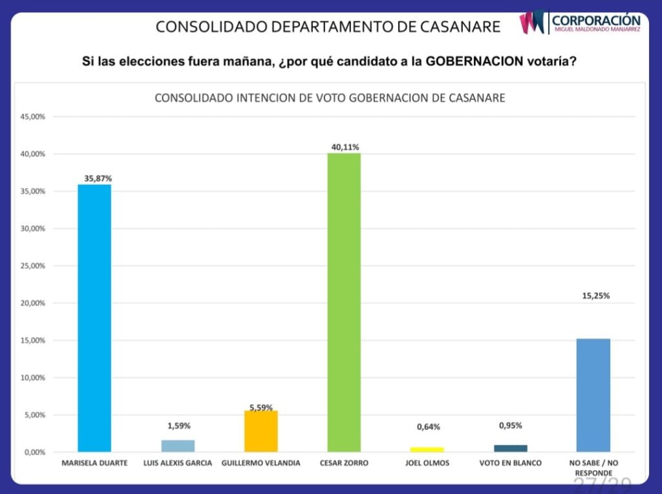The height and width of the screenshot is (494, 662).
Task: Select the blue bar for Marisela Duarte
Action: [x=94, y=317]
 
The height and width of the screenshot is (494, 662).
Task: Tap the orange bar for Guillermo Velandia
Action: [x=261, y=431]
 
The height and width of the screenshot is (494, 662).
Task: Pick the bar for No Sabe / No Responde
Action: [x=593, y=394]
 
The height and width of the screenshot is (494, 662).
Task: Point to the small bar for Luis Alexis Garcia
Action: [x=178, y=446]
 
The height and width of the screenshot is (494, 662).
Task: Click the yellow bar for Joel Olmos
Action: [x=427, y=449]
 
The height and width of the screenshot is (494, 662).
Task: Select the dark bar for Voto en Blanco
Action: [x=511, y=448]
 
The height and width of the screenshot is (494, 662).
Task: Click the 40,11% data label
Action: [x=344, y=147]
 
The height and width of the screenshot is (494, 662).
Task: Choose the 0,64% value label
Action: [x=428, y=426]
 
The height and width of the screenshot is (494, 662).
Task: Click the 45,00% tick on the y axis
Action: [x=33, y=117]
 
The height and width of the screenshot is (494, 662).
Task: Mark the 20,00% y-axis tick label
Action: [x=33, y=303]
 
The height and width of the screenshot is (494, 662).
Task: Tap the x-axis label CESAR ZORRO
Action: [x=344, y=464]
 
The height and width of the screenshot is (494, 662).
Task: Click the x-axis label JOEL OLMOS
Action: [x=427, y=464]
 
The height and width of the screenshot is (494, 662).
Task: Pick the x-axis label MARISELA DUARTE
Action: [x=94, y=464]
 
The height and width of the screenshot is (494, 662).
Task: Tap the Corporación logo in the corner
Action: [x=581, y=23]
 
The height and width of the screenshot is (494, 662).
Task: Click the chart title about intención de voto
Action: [x=330, y=99]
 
